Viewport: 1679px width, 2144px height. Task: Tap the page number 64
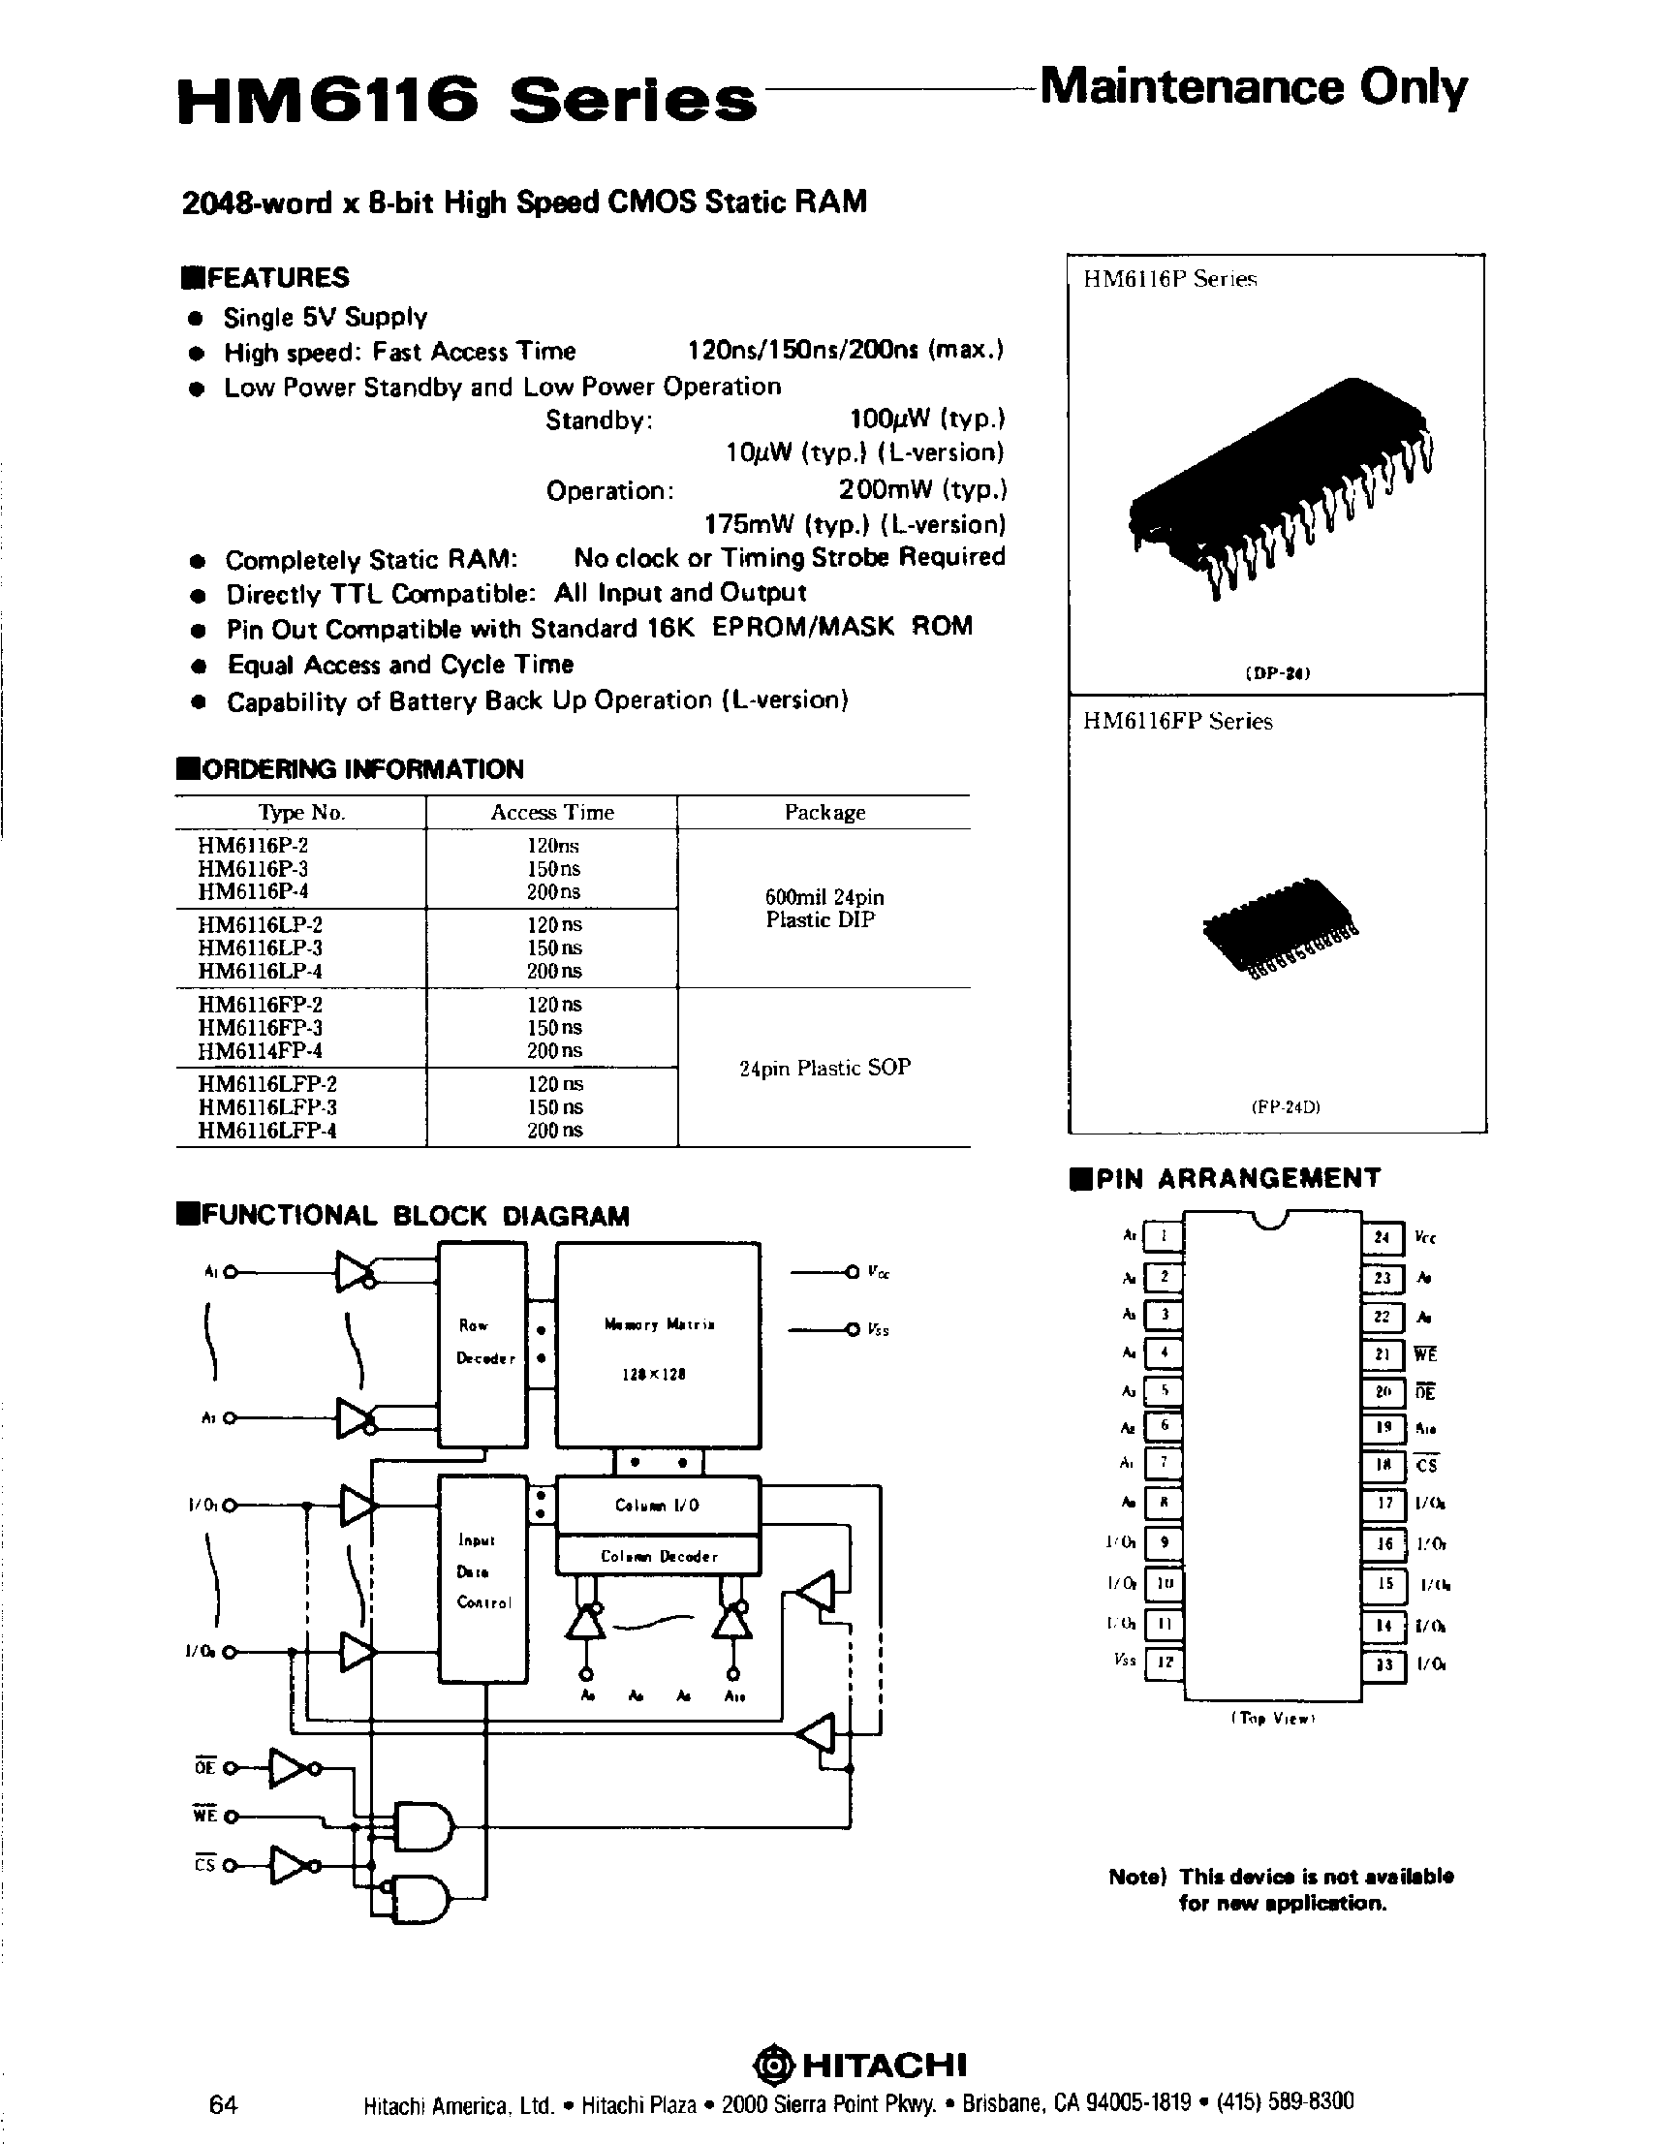(223, 2103)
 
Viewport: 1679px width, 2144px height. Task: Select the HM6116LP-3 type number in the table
(260, 948)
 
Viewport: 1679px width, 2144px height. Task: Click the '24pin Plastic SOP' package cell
(824, 1068)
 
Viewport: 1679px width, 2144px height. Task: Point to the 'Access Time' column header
(551, 812)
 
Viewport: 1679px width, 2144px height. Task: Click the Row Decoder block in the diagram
(482, 1343)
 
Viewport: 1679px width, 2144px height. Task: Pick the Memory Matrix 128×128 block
(658, 1345)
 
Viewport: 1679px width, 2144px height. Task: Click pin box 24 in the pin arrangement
(1383, 1237)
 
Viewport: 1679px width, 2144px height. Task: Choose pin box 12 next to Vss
(1165, 1662)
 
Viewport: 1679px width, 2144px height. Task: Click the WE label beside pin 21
(1425, 1354)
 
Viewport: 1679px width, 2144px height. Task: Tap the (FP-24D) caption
(1285, 1107)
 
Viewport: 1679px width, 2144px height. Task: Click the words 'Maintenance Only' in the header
(1253, 88)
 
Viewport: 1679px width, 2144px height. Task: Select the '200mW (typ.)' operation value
(922, 489)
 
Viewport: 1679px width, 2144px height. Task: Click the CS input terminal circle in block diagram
(230, 1865)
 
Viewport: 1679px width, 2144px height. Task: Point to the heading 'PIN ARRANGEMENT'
(1236, 1179)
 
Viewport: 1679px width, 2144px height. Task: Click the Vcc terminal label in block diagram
(879, 1272)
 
